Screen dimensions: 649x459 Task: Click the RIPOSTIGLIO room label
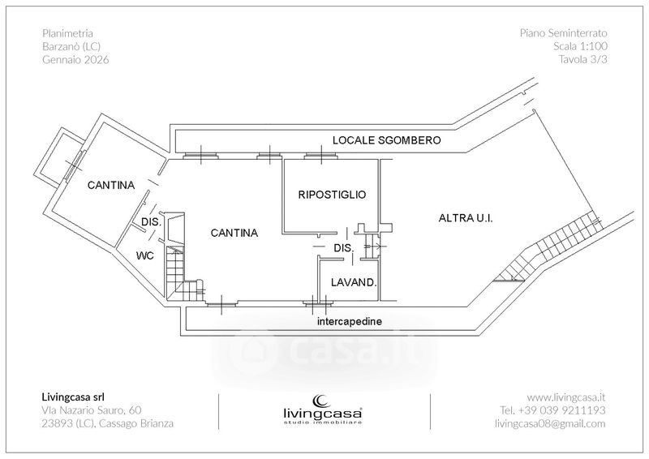point(332,195)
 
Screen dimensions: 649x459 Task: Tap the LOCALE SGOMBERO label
point(387,140)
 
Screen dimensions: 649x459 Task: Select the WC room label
point(145,255)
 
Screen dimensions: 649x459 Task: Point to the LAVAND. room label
point(354,283)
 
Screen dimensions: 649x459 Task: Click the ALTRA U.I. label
point(466,218)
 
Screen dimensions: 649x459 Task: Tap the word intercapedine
point(350,321)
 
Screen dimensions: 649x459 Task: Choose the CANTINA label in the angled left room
point(111,186)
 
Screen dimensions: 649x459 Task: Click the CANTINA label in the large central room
point(234,233)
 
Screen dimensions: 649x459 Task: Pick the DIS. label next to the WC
point(151,222)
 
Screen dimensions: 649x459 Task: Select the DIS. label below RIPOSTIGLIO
point(344,248)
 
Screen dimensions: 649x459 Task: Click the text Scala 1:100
point(580,46)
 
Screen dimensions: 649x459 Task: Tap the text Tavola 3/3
point(582,59)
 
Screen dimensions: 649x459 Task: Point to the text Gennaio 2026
point(75,59)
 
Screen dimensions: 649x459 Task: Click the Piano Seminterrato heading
point(563,33)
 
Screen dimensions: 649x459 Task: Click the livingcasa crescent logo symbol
point(320,401)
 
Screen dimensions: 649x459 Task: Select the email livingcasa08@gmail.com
point(550,423)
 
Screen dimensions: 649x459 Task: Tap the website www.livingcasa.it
point(565,397)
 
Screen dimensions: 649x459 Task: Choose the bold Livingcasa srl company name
point(73,397)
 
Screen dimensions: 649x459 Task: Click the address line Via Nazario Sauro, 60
point(92,410)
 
